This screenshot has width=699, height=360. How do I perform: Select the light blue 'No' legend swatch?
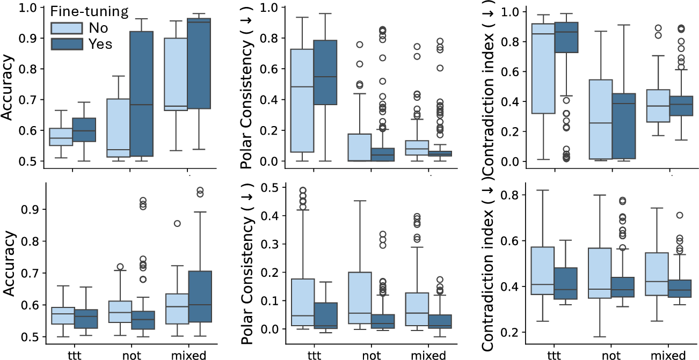[67, 28]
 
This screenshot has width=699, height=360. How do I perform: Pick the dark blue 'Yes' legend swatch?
[67, 43]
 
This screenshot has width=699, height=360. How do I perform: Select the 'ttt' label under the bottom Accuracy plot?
[74, 355]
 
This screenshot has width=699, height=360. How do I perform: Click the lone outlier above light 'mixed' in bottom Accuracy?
[177, 224]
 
